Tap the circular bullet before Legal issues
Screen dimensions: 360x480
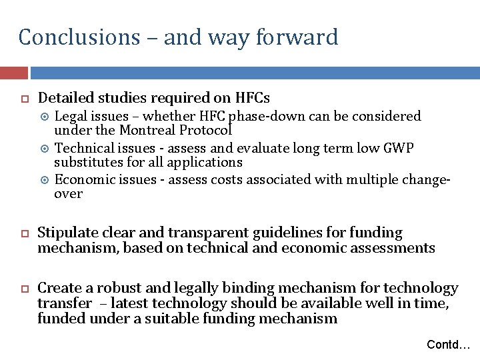tap(45, 117)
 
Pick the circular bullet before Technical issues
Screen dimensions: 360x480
tap(45, 148)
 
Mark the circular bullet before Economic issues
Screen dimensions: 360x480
tap(45, 179)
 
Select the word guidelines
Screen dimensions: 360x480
tap(305, 233)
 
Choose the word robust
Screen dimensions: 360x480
tap(118, 289)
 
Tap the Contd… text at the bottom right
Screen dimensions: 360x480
tap(448, 345)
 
